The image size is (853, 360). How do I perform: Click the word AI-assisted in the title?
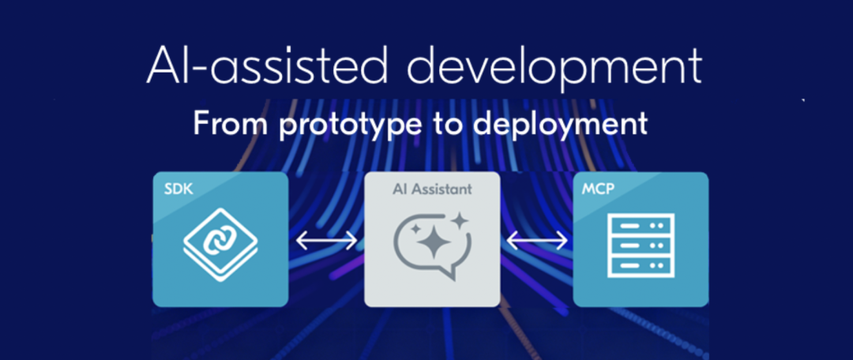pyautogui.click(x=267, y=66)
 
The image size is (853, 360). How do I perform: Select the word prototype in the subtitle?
pyautogui.click(x=349, y=126)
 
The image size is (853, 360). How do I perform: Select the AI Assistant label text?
pyautogui.click(x=432, y=189)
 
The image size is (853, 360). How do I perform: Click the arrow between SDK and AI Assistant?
pyautogui.click(x=326, y=240)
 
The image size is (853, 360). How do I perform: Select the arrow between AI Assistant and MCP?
pyautogui.click(x=537, y=240)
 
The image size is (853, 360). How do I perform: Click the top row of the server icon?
pyautogui.click(x=641, y=224)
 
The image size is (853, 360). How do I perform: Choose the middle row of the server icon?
pyautogui.click(x=641, y=245)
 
